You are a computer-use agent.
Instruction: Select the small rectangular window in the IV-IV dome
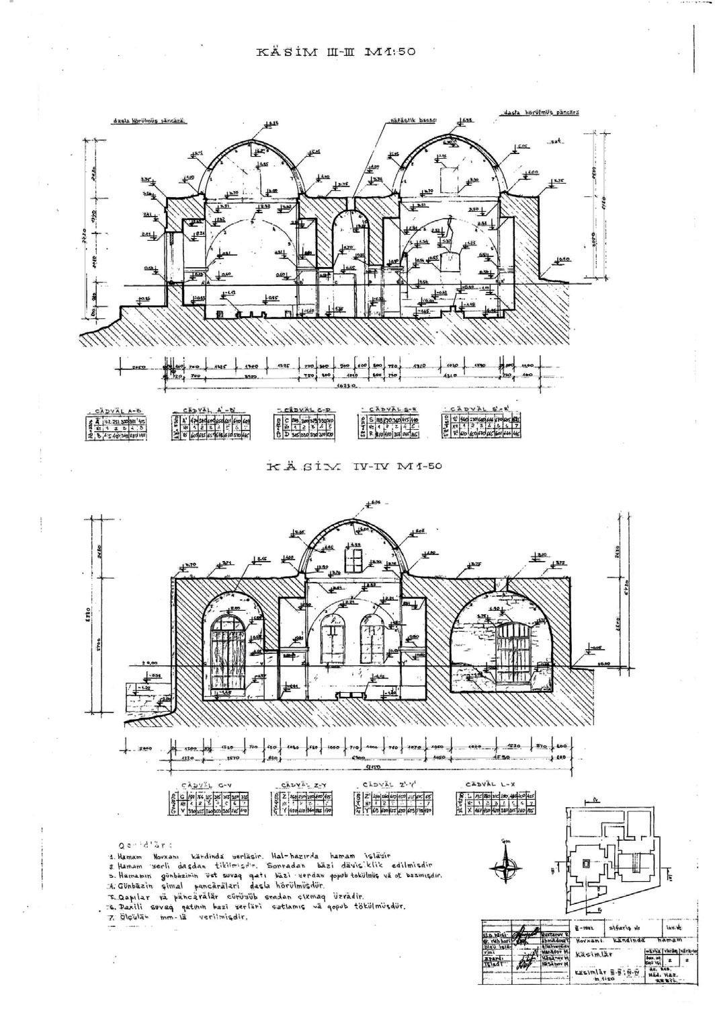click(354, 559)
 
